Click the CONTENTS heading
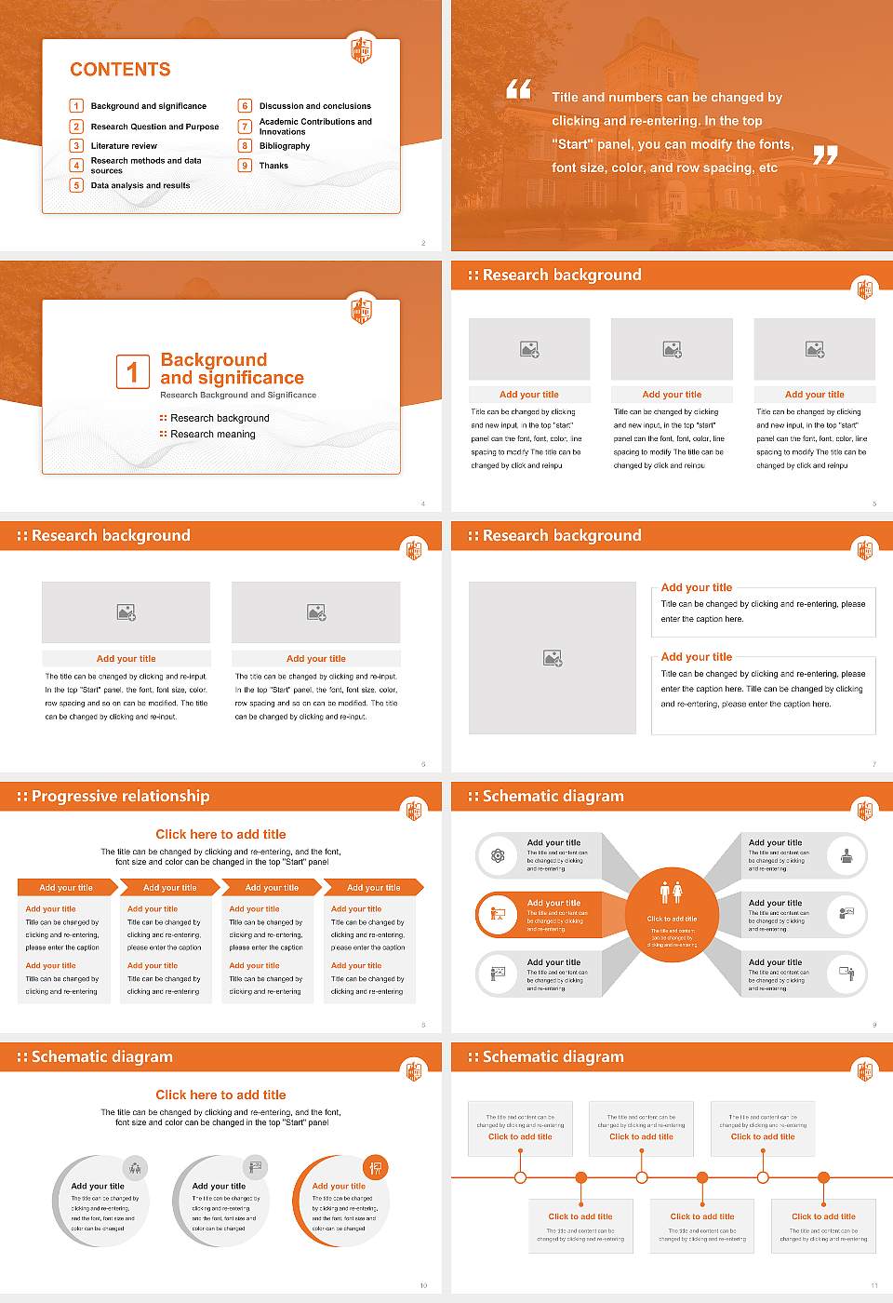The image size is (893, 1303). [x=120, y=70]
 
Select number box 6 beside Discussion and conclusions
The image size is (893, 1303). [x=246, y=106]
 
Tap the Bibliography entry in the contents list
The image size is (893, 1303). [x=285, y=146]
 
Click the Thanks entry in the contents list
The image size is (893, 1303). [x=273, y=166]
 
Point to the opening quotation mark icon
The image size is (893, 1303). [x=518, y=89]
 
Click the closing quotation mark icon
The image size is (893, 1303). [x=825, y=155]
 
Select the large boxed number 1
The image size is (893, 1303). [x=132, y=371]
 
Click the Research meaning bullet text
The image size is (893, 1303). [x=212, y=435]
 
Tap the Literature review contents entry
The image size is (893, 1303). [x=124, y=146]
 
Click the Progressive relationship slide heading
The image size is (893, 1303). [x=120, y=797]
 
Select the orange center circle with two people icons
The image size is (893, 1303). [x=672, y=916]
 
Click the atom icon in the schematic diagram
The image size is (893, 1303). [x=498, y=855]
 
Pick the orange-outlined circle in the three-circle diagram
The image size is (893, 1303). [x=340, y=1201]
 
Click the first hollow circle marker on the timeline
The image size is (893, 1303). [x=520, y=1177]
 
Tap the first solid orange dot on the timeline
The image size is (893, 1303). [x=580, y=1177]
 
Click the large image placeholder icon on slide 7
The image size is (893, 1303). [x=553, y=659]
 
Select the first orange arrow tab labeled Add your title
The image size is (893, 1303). [x=66, y=888]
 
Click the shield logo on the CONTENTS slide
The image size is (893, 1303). [x=361, y=49]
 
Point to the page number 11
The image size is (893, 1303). [x=873, y=1285]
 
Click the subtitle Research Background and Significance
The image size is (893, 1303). [x=238, y=396]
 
